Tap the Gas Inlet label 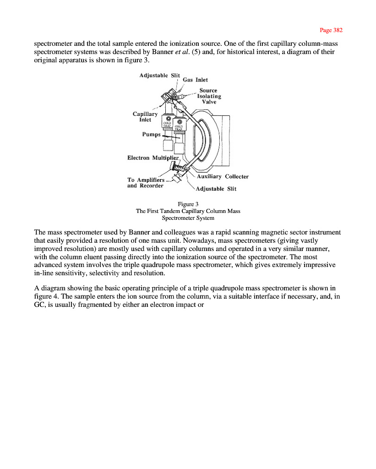coord(195,80)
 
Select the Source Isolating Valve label coord(209,96)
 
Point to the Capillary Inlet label coord(145,117)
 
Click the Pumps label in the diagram coord(151,135)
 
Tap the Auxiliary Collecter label coord(223,176)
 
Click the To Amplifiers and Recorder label coord(145,182)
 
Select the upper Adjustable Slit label coord(159,75)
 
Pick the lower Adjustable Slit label coord(216,189)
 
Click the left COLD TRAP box coord(167,124)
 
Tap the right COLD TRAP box coord(180,127)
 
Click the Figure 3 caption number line coord(188,204)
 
